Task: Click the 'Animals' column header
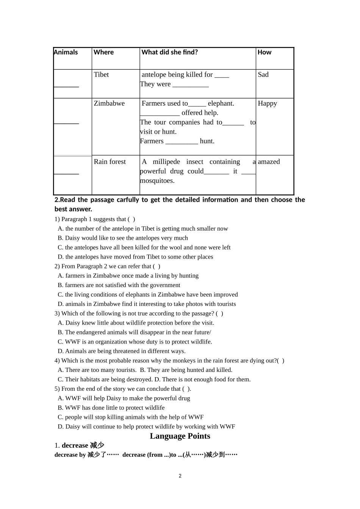(x=66, y=52)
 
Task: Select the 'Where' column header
(x=103, y=52)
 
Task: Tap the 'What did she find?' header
(x=169, y=52)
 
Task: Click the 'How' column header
(x=264, y=52)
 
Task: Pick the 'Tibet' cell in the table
(x=101, y=75)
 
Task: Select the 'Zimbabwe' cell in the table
(x=109, y=103)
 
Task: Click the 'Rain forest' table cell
(x=110, y=162)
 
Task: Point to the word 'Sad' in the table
(x=263, y=75)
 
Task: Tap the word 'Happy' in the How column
(x=267, y=103)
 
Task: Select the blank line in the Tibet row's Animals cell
(x=66, y=86)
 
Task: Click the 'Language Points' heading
(x=180, y=436)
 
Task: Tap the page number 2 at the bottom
(x=180, y=476)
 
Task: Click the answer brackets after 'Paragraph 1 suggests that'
(x=131, y=219)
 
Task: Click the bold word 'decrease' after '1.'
(x=75, y=445)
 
